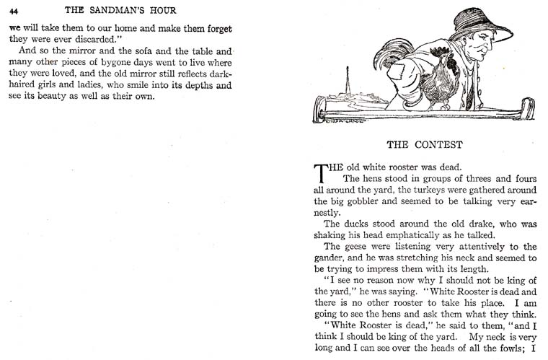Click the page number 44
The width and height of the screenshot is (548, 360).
(x=14, y=11)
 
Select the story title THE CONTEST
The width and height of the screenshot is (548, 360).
(x=424, y=144)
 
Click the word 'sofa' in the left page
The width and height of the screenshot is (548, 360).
(x=115, y=52)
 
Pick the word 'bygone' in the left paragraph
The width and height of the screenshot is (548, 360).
(x=97, y=63)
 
